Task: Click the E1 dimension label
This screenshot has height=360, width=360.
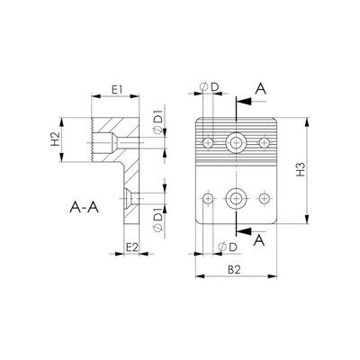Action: point(117,90)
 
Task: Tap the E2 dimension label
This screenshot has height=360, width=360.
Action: point(131,247)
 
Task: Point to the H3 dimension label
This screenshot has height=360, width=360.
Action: point(301,169)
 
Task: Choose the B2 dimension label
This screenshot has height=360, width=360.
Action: point(234,270)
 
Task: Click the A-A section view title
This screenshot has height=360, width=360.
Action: point(85,207)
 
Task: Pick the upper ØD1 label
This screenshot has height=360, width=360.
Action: point(158,121)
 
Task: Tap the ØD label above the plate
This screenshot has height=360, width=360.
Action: point(210,87)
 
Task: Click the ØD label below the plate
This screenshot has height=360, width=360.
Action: point(228,247)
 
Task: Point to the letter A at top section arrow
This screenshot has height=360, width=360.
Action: point(260,89)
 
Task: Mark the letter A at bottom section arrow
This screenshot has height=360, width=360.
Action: point(259,240)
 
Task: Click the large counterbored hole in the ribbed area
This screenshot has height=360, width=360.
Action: point(236,142)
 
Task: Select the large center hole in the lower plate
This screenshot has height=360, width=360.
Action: point(236,198)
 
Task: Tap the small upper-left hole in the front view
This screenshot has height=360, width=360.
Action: point(208,143)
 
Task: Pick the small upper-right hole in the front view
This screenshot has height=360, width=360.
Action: point(265,142)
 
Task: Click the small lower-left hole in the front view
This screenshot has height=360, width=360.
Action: point(208,198)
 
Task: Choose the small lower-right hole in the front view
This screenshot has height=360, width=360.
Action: point(265,198)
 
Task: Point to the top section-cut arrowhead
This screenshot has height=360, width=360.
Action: point(244,102)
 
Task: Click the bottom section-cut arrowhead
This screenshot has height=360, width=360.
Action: point(244,231)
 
